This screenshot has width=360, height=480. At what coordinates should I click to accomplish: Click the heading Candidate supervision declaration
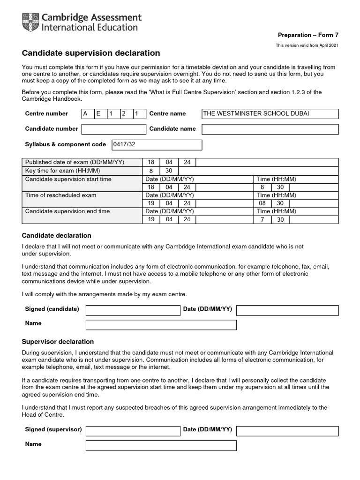tap(91, 53)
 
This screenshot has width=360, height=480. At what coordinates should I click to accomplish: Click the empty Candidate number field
tap(114, 129)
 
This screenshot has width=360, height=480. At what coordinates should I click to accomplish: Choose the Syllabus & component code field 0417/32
tap(157, 145)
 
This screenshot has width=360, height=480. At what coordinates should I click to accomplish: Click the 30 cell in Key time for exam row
tap(169, 171)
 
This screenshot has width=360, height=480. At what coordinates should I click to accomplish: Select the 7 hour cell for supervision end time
tap(262, 219)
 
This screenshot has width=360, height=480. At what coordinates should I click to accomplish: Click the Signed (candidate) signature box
tap(133, 310)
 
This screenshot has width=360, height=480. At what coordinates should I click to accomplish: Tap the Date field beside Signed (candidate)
tap(287, 310)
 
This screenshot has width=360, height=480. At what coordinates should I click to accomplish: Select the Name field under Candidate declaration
tap(161, 325)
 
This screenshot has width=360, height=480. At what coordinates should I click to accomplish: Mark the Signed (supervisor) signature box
tap(133, 431)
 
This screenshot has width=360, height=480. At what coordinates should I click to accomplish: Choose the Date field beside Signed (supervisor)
tap(287, 431)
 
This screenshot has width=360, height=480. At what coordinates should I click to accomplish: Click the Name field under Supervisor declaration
tap(161, 445)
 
